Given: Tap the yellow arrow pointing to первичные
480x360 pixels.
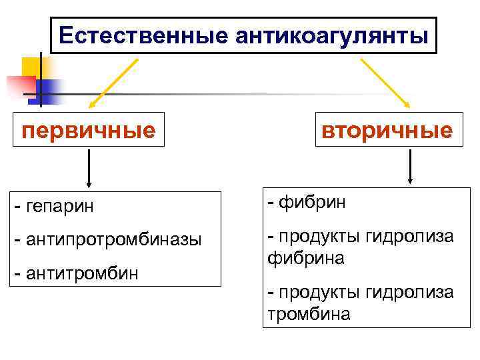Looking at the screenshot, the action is [x=113, y=83].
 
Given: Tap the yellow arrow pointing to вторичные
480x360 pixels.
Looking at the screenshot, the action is [x=385, y=83].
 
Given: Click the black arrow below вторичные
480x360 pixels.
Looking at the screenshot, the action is [x=410, y=167].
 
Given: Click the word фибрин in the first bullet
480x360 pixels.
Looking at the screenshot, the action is [x=313, y=203].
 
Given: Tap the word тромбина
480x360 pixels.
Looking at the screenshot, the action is [x=309, y=314].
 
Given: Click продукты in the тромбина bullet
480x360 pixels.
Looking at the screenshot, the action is [x=321, y=292].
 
